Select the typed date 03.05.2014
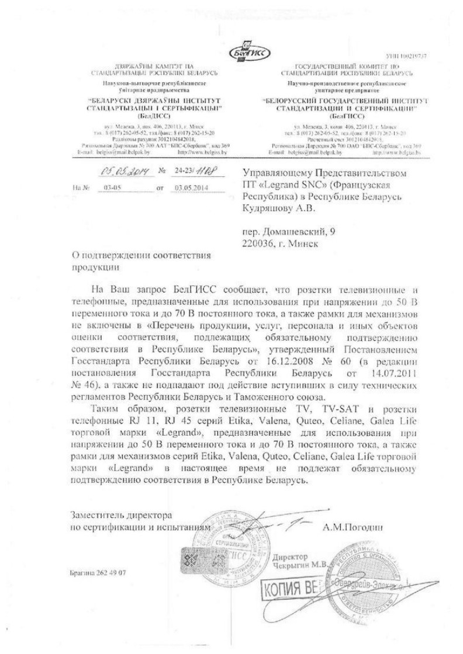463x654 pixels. (x=191, y=188)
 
